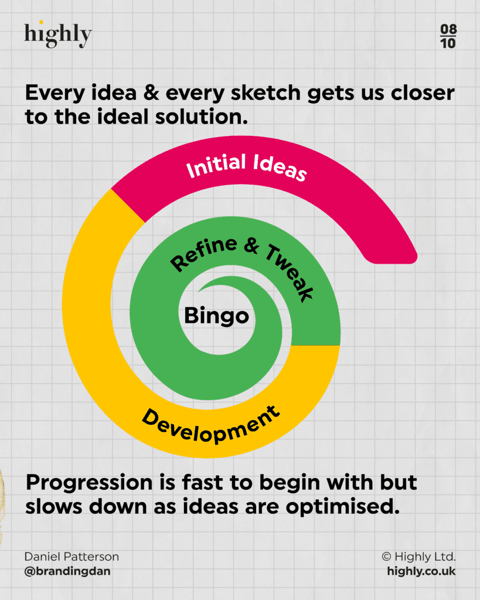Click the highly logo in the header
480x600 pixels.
click(58, 35)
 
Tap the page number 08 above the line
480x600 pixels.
click(448, 29)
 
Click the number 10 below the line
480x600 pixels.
click(448, 43)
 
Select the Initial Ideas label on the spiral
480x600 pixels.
click(246, 166)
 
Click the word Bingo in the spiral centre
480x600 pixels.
click(216, 316)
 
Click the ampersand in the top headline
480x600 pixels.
click(151, 93)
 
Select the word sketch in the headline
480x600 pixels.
click(265, 93)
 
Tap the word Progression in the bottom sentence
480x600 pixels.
click(89, 483)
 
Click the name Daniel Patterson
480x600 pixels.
click(72, 557)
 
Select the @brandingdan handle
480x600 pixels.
click(67, 571)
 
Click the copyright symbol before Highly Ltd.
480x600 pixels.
click(387, 557)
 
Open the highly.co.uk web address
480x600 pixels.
click(421, 571)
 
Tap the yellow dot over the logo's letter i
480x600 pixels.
click(41, 22)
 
